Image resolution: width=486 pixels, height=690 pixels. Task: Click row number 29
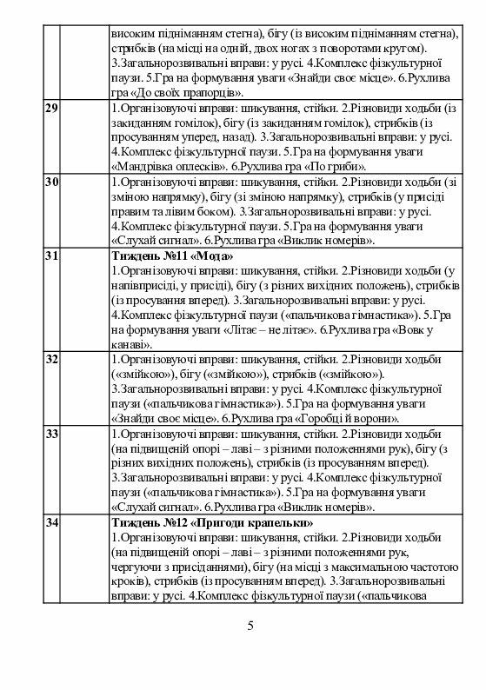click(x=50, y=109)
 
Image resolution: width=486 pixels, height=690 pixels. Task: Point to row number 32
click(x=50, y=359)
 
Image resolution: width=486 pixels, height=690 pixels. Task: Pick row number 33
click(x=50, y=433)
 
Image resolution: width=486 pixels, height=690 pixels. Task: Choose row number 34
click(x=50, y=521)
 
